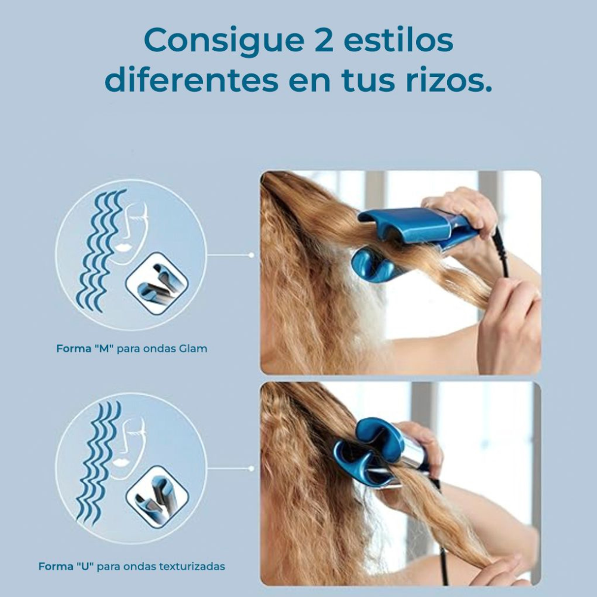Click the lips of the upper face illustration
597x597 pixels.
pos(125,245)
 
